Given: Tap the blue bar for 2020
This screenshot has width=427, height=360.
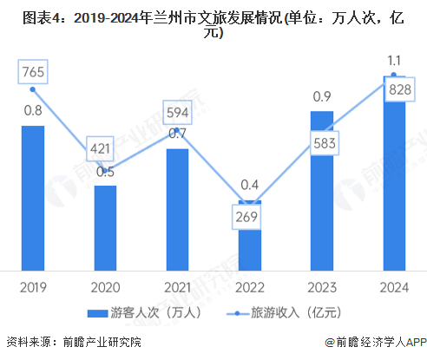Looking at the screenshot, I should point(105,227).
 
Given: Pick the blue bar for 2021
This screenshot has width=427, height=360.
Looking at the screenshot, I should point(177,209).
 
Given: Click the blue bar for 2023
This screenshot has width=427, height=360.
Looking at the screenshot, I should point(321,190).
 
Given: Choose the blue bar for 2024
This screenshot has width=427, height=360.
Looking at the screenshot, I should point(393,173).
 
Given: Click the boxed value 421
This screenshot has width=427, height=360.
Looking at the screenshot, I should point(102,148).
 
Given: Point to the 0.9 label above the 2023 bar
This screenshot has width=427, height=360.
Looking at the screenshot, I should point(321,95).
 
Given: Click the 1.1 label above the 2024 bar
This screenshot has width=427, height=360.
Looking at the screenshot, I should point(393,62).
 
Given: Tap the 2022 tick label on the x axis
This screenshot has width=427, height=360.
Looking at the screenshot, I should point(249,285).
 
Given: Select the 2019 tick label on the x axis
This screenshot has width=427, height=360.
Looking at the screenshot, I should point(33,285).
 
